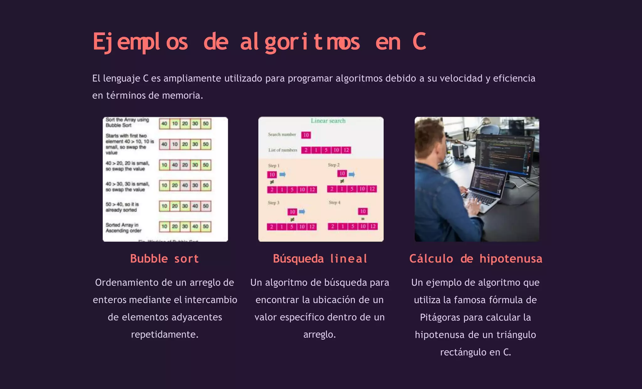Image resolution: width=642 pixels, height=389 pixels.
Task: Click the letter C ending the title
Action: [419, 42]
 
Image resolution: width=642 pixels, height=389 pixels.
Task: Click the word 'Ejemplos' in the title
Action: [140, 42]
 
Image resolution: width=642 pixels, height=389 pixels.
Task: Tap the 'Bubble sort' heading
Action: [165, 259]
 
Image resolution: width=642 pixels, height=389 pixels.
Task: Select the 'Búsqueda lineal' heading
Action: [320, 259]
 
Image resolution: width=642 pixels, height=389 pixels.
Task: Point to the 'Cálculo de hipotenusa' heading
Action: [476, 259]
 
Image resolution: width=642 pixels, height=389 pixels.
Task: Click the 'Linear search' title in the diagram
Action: [328, 121]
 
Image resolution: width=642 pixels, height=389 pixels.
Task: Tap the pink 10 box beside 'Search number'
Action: [306, 135]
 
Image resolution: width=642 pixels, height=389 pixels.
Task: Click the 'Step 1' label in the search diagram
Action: [274, 165]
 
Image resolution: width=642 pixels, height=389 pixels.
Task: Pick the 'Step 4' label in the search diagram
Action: [334, 203]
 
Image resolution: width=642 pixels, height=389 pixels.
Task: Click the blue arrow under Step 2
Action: [352, 174]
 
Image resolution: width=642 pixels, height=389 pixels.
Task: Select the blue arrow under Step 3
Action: [302, 212]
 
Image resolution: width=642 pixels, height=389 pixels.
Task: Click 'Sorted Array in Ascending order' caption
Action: [124, 228]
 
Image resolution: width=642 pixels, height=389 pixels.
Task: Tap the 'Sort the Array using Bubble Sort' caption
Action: [127, 122]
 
